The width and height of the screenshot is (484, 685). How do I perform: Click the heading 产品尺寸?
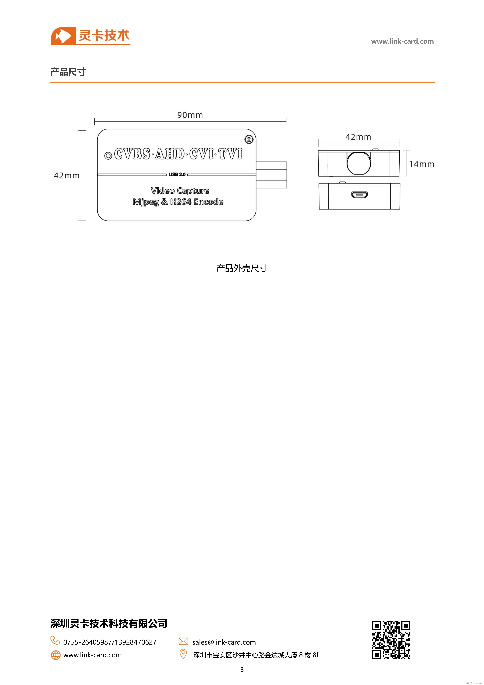coord(68,72)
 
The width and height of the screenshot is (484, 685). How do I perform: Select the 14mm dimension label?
coord(421,164)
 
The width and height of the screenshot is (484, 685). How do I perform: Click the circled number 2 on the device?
coord(249,139)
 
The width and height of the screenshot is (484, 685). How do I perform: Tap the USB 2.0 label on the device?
coord(177,175)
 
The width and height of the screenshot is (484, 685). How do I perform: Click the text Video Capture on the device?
coord(180,191)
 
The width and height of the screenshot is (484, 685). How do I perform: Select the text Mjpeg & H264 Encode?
coord(178,202)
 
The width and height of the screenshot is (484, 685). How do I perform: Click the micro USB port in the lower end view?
coord(359,195)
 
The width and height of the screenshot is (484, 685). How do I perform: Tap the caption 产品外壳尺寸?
coord(242,268)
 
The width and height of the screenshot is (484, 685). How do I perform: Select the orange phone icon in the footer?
coord(55,640)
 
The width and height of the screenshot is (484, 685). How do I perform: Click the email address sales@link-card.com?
coord(224,642)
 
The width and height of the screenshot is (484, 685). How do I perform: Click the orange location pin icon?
coord(183,654)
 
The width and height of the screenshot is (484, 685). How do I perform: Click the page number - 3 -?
coord(242,669)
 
